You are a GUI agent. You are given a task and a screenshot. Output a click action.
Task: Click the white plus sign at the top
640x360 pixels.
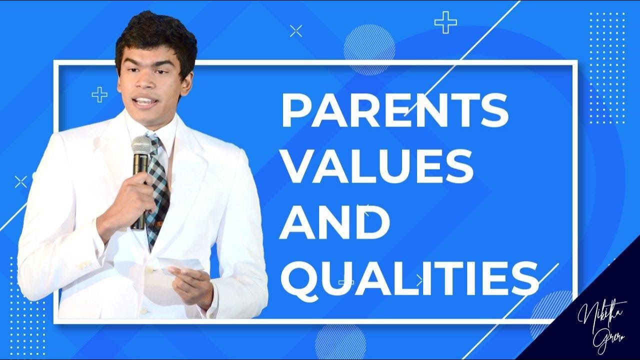tap(445, 23)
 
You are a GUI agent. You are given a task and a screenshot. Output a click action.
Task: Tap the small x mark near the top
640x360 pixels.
tap(296, 31)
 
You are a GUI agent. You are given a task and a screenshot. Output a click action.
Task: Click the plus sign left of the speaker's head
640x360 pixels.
tap(99, 94)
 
